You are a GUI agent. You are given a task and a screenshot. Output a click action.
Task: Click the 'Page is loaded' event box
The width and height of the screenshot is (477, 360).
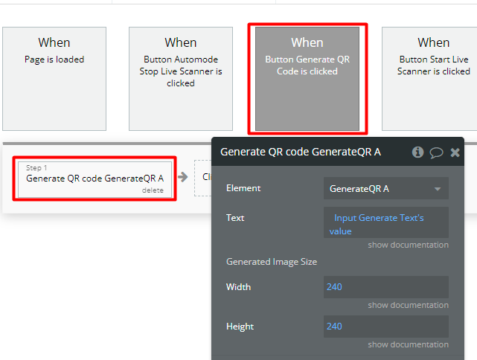(x=54, y=79)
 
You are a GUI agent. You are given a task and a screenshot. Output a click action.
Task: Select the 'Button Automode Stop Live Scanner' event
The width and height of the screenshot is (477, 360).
(x=181, y=79)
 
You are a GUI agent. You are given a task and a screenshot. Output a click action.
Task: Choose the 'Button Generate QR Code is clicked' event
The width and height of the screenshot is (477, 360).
(x=307, y=79)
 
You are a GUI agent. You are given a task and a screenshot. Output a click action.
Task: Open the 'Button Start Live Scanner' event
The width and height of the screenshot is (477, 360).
(x=429, y=79)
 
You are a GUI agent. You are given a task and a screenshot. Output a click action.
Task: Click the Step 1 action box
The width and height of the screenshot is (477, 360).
(x=95, y=179)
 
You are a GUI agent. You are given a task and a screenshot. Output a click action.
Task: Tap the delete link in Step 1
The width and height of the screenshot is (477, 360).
(x=153, y=190)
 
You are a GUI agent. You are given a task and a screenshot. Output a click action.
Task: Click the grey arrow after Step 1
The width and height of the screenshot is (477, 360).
(x=183, y=177)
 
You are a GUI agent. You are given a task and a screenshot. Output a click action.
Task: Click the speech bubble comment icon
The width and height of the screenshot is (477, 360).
(x=436, y=152)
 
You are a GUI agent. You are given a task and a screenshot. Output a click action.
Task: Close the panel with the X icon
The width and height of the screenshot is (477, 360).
(x=455, y=152)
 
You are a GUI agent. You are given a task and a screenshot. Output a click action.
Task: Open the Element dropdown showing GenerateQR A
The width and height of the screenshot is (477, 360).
(x=386, y=188)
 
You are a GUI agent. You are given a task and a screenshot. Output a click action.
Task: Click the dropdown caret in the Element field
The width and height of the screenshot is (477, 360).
(x=438, y=189)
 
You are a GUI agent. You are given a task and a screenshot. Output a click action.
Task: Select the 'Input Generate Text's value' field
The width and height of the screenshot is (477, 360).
(x=386, y=222)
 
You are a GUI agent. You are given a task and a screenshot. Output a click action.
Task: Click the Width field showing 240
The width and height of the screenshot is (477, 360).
(x=386, y=287)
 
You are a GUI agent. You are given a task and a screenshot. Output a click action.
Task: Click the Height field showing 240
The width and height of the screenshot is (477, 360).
(x=386, y=327)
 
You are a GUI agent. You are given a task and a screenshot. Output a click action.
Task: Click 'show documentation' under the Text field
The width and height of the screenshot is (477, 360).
(x=408, y=245)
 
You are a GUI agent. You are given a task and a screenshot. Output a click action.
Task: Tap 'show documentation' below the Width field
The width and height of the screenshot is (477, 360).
(x=408, y=305)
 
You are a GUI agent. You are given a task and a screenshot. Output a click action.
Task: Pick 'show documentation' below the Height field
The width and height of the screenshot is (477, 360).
(x=408, y=344)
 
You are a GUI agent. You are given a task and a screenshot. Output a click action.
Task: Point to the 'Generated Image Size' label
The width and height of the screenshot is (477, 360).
(x=272, y=262)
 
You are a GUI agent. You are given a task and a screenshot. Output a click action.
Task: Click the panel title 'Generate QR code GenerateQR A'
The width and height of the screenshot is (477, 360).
(x=301, y=152)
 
